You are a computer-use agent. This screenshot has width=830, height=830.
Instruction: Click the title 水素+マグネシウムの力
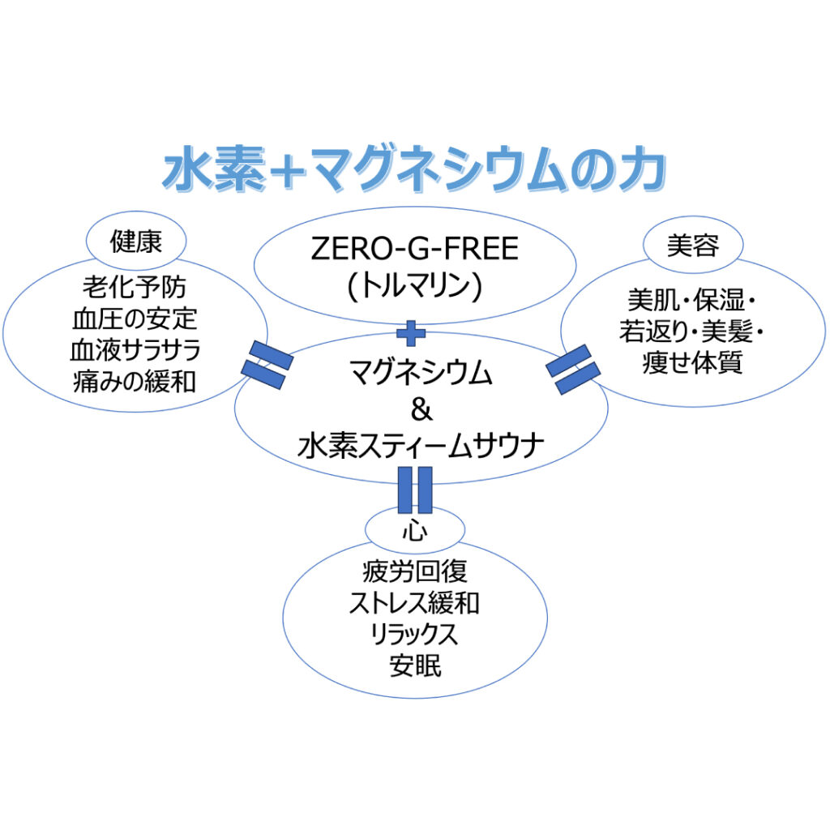414,171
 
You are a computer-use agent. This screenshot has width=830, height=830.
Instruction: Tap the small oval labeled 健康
136,241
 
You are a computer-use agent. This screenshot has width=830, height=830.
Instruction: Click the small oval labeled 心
414,532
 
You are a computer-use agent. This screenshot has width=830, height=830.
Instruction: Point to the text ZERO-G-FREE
414,249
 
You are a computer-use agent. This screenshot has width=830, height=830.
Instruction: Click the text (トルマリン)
414,284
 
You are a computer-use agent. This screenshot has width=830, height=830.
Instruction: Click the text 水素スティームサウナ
421,447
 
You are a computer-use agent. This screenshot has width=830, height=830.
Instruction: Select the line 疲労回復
414,572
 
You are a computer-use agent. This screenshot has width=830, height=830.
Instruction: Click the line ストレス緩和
414,603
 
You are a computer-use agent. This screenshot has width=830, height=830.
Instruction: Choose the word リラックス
414,635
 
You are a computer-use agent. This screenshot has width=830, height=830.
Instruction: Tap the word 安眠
414,666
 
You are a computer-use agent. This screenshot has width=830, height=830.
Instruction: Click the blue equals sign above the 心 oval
415,490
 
